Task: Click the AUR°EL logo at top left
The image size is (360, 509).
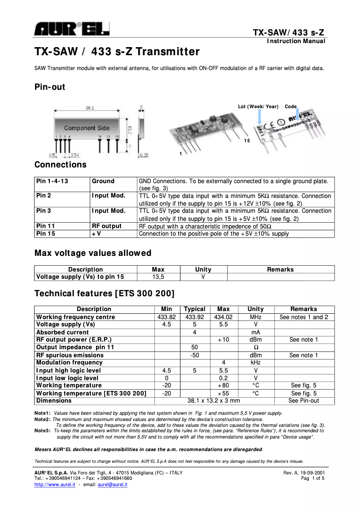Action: coord(72,30)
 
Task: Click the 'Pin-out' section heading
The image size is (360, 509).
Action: coord(50,87)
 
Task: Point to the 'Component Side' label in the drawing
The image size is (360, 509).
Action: coord(87,128)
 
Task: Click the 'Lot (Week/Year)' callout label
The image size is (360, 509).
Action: coord(258,106)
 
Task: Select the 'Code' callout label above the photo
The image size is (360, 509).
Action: coord(290,106)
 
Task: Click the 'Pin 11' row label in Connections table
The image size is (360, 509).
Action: coord(46,226)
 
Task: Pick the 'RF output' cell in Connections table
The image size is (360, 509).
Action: coord(107,226)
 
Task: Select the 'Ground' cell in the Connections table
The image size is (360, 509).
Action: coord(103,181)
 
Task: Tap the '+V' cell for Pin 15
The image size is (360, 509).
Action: coord(97,234)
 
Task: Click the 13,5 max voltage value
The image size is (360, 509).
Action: coord(158,277)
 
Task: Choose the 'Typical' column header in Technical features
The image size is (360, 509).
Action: coord(195,309)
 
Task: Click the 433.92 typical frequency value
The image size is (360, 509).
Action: coord(195,317)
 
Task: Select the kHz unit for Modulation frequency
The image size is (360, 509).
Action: coord(255,363)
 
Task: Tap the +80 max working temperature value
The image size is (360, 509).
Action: coord(223,386)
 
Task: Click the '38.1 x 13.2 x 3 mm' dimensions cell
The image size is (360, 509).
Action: coord(213,401)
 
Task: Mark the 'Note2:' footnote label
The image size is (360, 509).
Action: coord(43,419)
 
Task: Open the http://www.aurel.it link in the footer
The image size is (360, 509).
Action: coord(55,485)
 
